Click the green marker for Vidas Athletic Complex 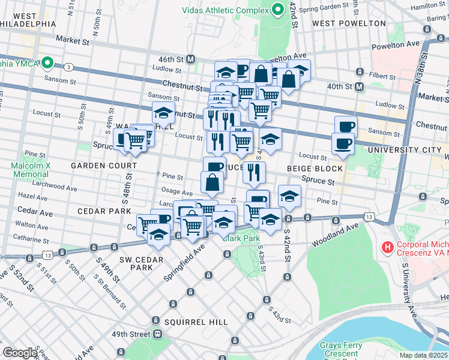coord(278,10)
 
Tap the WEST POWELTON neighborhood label coord(349,23)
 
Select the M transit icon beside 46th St coord(191,59)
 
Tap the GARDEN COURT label coord(98,165)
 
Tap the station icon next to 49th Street coord(157,334)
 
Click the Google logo coord(20,353)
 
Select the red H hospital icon coord(388,247)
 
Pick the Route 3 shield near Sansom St coord(70,67)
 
